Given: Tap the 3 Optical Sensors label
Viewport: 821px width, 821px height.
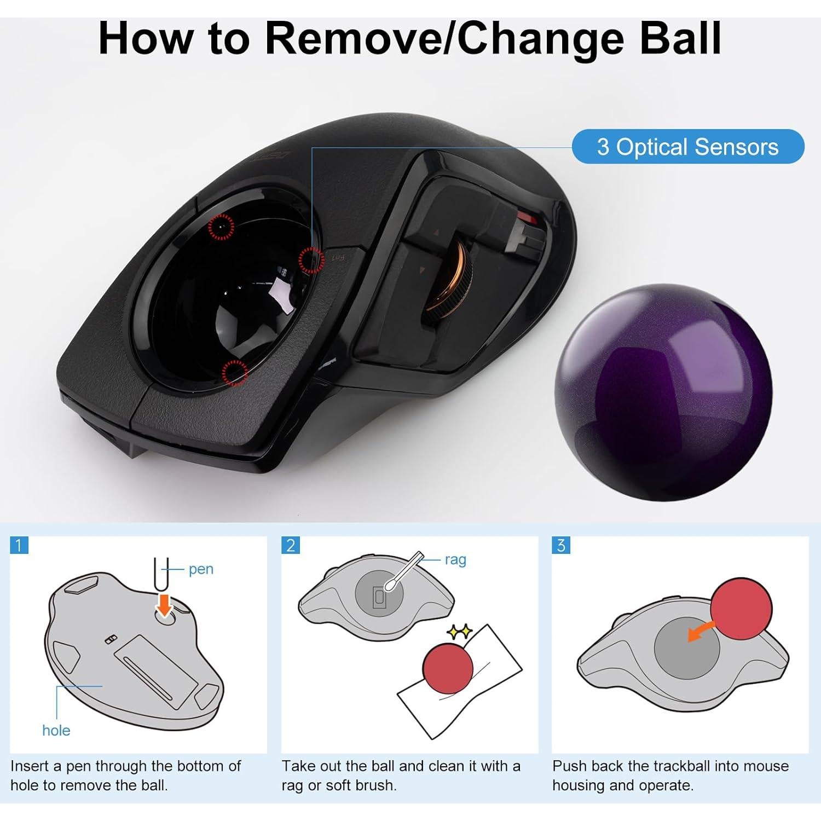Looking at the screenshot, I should click(687, 147).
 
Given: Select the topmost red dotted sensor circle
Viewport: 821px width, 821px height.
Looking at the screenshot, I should click(221, 226).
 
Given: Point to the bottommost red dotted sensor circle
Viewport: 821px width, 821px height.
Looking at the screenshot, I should click(235, 373).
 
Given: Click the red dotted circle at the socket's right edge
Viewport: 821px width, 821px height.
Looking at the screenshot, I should click(311, 260).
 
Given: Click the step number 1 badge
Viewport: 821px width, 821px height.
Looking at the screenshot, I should click(19, 545).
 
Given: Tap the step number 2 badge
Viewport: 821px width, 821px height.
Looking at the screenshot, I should click(291, 545).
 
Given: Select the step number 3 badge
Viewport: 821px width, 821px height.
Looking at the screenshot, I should click(561, 545).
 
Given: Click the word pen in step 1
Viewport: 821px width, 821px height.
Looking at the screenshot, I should click(201, 569).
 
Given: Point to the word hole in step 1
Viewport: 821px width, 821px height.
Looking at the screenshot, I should click(56, 730).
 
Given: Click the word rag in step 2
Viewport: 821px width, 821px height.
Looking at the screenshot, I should click(455, 559).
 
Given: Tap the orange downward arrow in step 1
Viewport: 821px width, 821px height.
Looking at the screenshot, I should click(164, 603).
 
